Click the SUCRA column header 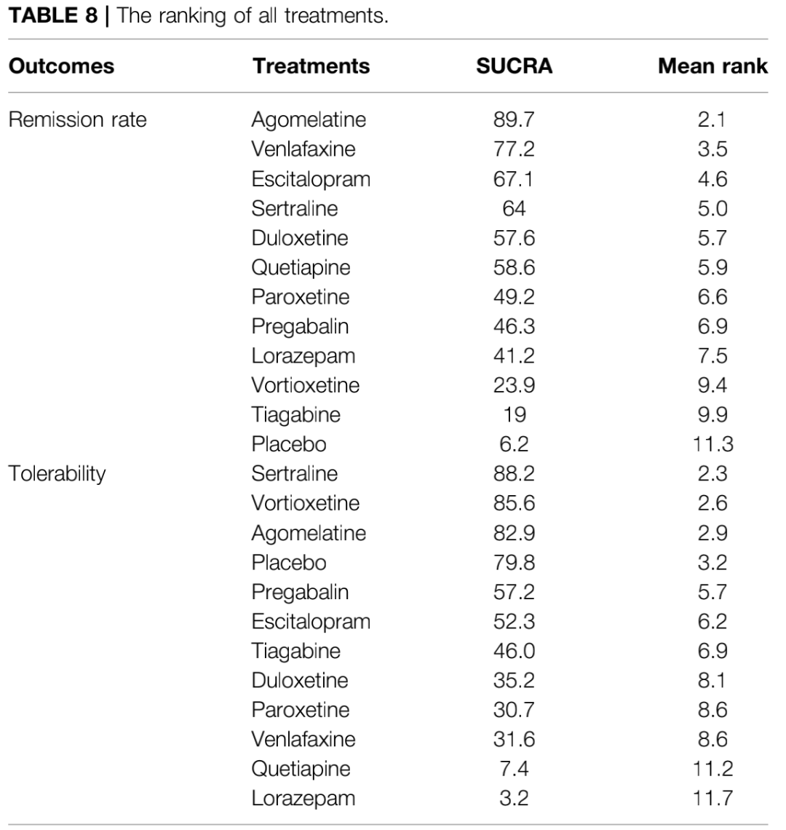point(514,66)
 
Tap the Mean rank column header point(712,66)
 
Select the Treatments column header point(311,66)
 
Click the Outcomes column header point(61,66)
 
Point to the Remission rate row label point(77,119)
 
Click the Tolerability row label point(57,474)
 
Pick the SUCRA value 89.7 point(514,119)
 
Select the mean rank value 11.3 point(712,444)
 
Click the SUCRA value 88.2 point(514,474)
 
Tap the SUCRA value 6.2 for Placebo point(514,444)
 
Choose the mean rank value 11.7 point(712,798)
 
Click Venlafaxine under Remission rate point(303,149)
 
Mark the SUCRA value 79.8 point(514,562)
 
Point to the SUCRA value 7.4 point(514,769)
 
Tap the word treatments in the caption point(336,16)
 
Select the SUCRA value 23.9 point(514,385)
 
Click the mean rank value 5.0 point(712,208)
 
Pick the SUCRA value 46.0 point(514,651)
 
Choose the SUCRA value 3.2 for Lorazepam point(514,798)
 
